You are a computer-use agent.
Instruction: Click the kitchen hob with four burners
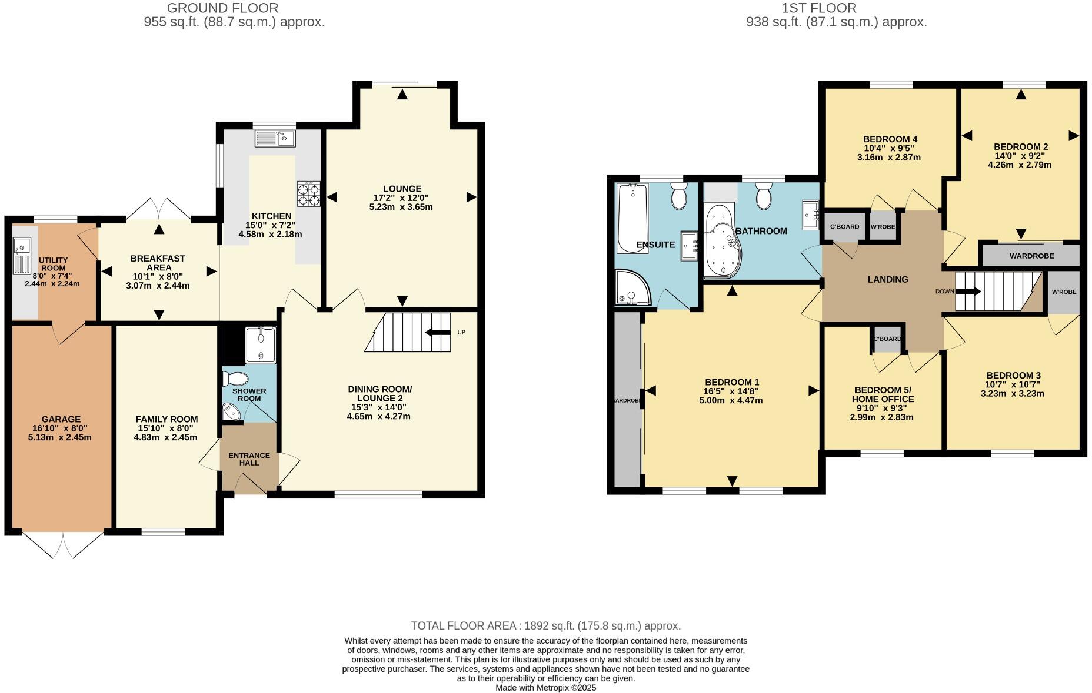point(309,194)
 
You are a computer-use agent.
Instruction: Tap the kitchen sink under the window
point(275,139)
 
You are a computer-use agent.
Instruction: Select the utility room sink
point(22,256)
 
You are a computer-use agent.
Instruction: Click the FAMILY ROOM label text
point(167,419)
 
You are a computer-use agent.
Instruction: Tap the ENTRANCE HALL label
point(249,459)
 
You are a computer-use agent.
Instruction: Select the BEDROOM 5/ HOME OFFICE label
point(883,394)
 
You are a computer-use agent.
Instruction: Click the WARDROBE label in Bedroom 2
point(1031,256)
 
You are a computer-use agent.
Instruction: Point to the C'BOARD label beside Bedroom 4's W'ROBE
point(844,227)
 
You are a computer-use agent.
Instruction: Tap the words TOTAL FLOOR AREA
point(462,626)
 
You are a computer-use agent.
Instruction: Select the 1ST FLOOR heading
point(818,8)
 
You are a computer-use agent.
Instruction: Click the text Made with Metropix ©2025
point(545,687)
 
